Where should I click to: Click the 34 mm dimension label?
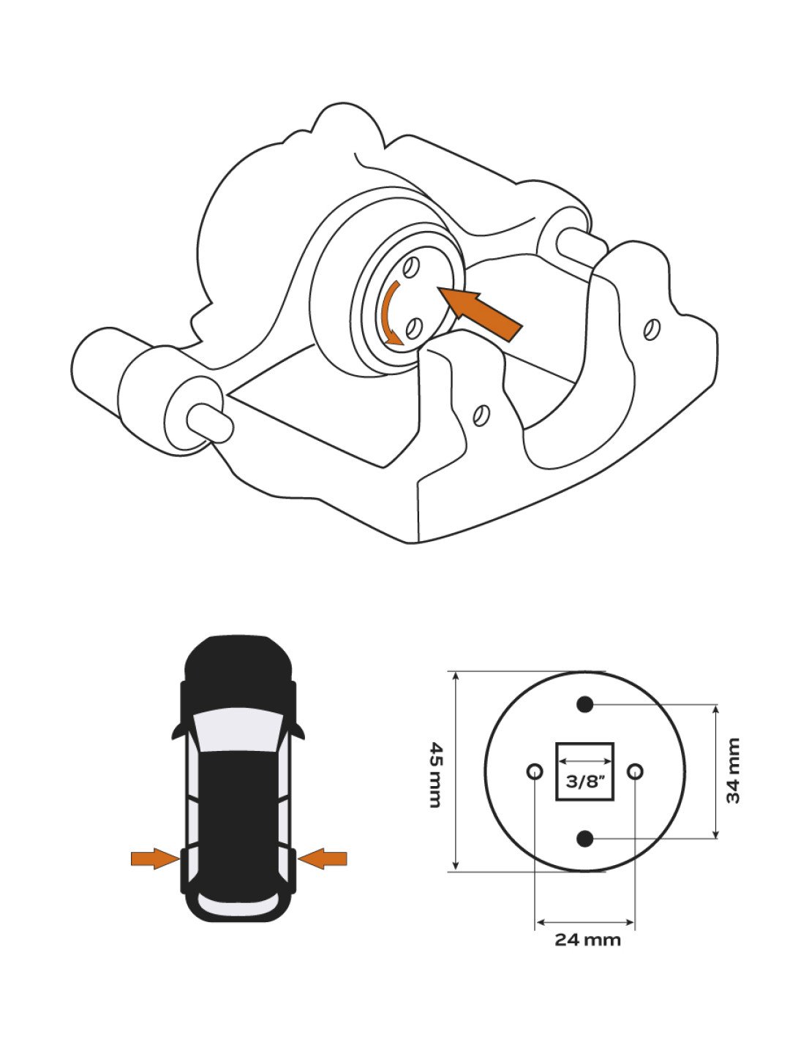pyautogui.click(x=733, y=771)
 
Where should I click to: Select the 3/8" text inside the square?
pyautogui.click(x=584, y=782)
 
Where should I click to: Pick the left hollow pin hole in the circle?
pyautogui.click(x=534, y=771)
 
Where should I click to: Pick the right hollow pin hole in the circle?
pyautogui.click(x=635, y=771)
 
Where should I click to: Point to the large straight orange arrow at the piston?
pyautogui.click(x=480, y=314)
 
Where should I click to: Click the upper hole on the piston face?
pyautogui.click(x=410, y=268)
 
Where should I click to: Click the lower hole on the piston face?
pyautogui.click(x=413, y=328)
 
